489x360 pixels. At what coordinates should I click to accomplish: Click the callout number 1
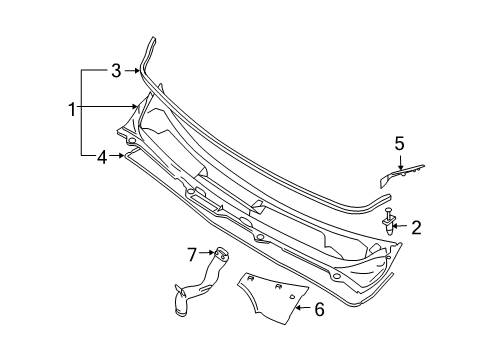click(x=72, y=109)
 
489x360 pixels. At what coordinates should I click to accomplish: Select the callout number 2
click(x=416, y=228)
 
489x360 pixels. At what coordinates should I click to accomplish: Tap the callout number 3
click(x=116, y=71)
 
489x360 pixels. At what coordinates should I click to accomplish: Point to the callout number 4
click(x=102, y=157)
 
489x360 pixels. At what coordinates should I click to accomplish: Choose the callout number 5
click(x=399, y=144)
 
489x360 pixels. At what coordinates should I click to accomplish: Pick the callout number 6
click(x=319, y=309)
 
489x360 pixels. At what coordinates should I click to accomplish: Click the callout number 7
click(x=192, y=255)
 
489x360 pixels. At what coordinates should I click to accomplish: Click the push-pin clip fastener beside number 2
click(x=389, y=221)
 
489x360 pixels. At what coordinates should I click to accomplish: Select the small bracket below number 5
click(x=401, y=175)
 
